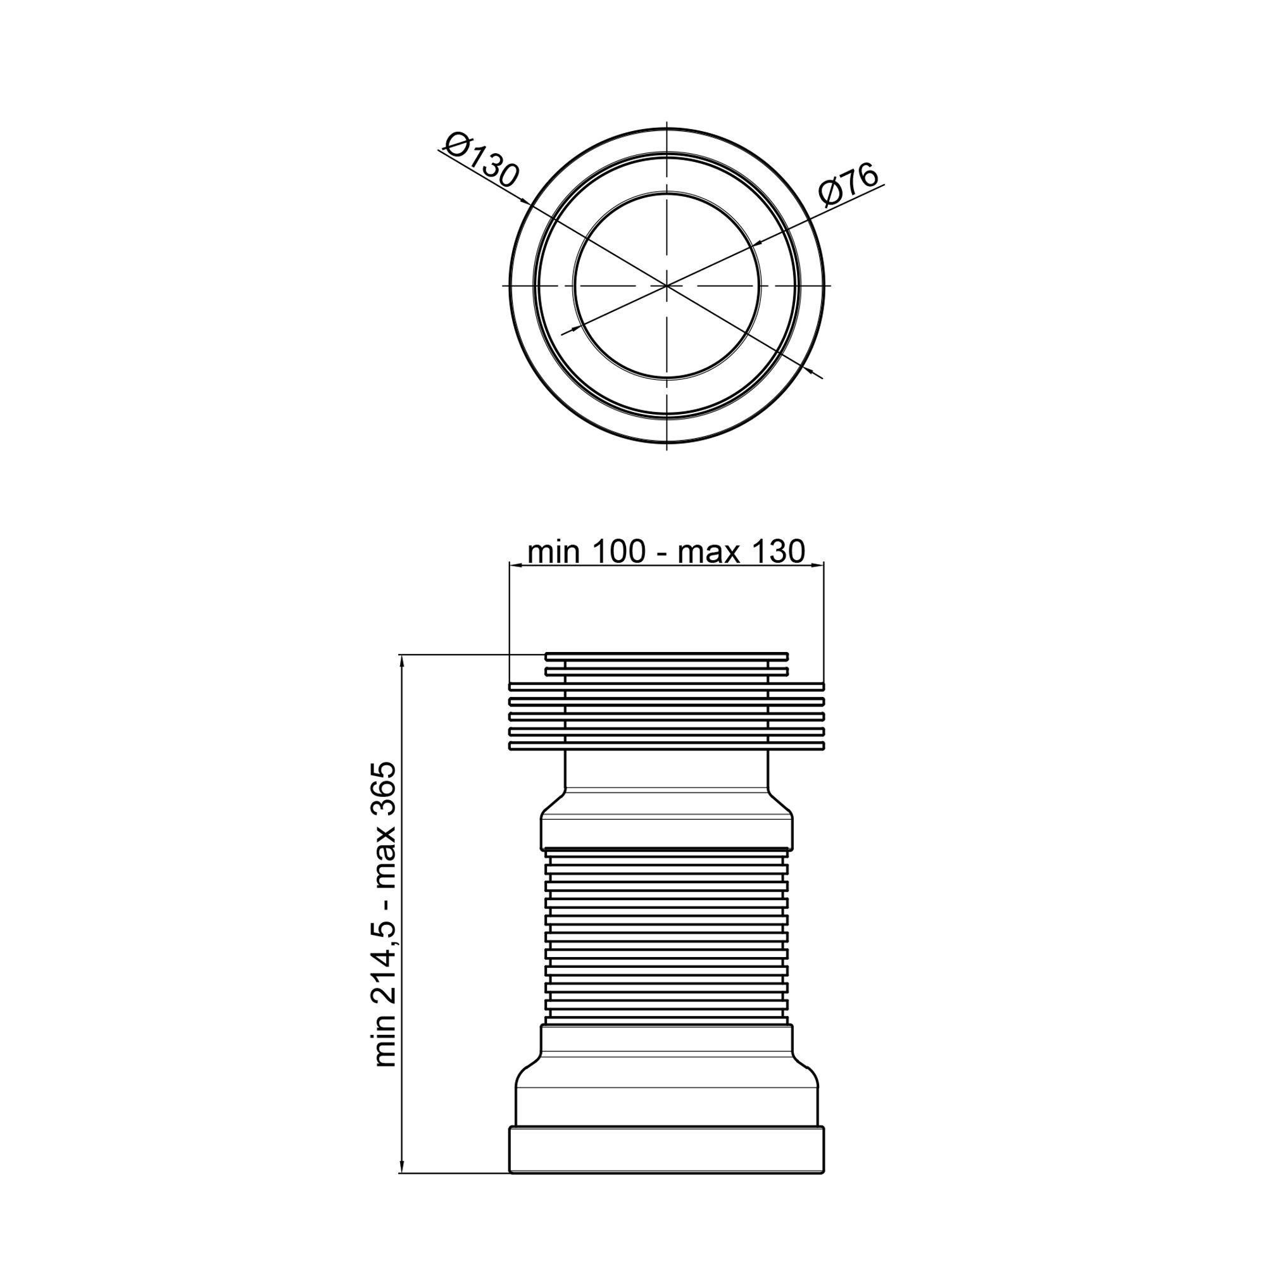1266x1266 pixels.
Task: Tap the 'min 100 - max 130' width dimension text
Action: tap(667, 552)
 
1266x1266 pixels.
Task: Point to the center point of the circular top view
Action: tap(667, 285)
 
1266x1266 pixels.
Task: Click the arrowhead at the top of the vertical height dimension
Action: tap(401, 660)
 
